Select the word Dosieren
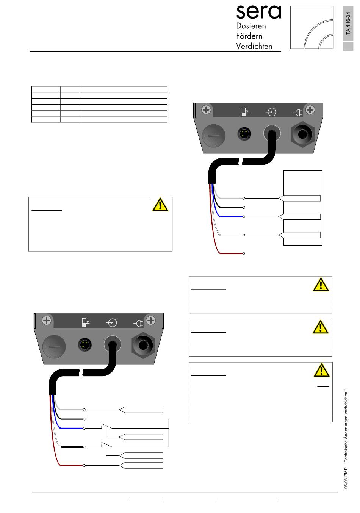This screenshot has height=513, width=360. point(251,26)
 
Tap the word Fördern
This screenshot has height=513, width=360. point(249,36)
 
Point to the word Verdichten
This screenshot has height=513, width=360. point(254,46)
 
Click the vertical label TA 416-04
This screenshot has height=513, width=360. point(348,23)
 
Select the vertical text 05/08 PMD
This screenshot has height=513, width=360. point(346,478)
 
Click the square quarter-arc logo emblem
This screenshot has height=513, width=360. point(311,28)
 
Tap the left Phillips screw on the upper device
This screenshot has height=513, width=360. point(206,110)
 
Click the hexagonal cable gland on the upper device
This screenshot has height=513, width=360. point(302,135)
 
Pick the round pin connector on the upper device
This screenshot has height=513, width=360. point(244,133)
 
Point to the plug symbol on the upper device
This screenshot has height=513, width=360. point(298,113)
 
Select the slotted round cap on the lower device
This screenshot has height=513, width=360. point(54,346)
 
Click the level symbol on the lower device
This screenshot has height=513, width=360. point(86,322)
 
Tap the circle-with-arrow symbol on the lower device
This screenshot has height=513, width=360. point(111,323)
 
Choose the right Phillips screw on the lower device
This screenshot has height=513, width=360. point(151,321)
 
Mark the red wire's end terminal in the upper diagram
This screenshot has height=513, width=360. point(244,253)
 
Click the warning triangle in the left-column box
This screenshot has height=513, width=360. point(160,204)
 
